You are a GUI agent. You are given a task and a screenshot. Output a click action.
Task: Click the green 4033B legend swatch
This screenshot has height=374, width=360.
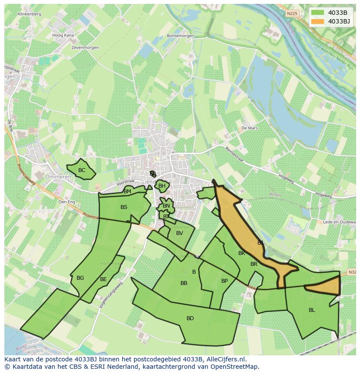[317, 13]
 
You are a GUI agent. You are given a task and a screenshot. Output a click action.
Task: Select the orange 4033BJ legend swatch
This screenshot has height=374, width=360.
[317, 21]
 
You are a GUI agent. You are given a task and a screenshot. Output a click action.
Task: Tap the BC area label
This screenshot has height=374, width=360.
[82, 170]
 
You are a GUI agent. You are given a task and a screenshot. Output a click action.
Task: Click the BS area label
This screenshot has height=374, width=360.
[124, 207]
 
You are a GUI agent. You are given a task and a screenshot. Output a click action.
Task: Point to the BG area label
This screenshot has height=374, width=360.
[80, 278]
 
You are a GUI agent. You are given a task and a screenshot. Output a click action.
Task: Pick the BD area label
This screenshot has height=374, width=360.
[190, 318]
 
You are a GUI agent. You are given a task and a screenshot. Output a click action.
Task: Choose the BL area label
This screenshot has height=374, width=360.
[312, 310]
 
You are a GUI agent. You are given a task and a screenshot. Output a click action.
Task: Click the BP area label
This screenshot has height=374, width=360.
[224, 281]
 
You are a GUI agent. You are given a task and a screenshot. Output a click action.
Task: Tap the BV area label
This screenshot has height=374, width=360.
[180, 233]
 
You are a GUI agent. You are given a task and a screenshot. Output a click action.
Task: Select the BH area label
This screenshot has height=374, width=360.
[162, 186]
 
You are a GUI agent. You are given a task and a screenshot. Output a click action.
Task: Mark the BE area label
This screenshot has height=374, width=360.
[103, 279]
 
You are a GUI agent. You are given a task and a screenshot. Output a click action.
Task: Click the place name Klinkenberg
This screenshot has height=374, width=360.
[30, 14]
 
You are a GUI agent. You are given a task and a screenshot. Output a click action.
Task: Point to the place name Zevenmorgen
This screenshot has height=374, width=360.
[85, 47]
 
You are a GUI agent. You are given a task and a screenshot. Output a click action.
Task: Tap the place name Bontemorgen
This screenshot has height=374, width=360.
[179, 36]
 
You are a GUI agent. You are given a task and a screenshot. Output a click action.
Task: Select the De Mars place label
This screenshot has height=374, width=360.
[250, 128]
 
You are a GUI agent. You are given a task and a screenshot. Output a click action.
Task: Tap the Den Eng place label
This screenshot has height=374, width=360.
[67, 202]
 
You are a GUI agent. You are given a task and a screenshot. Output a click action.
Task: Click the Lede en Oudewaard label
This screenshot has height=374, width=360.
[341, 222]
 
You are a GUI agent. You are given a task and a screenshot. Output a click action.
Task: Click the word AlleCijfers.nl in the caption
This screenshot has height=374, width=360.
[226, 360]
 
